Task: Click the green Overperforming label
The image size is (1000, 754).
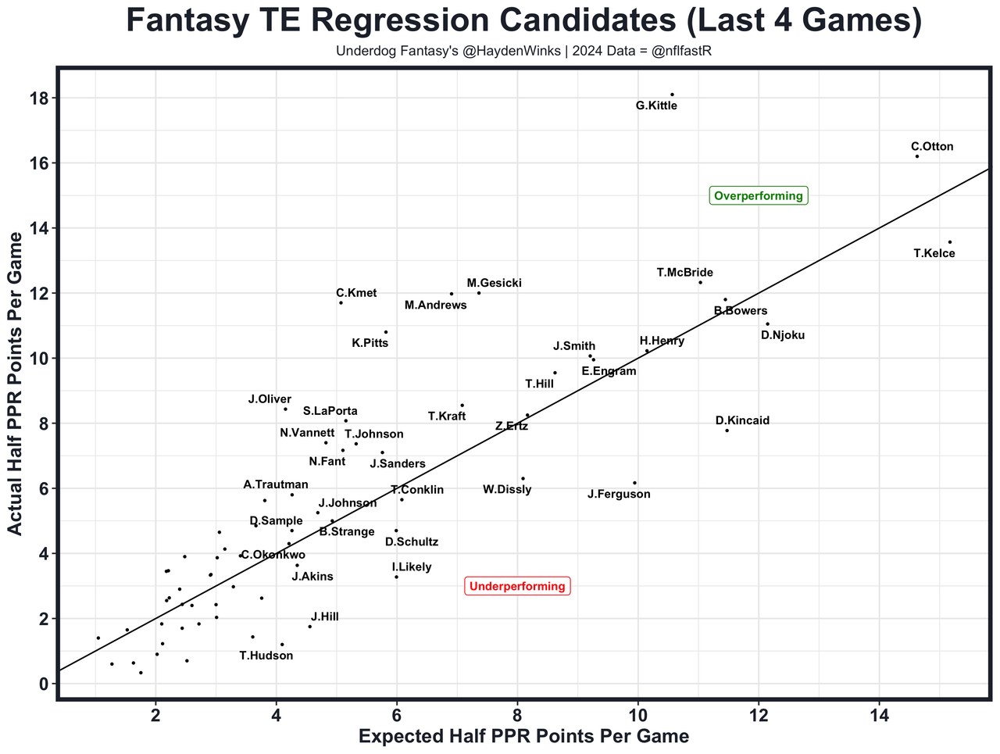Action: pos(758,196)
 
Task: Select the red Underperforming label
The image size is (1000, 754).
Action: pos(517,587)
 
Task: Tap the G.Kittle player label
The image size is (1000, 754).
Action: pos(656,106)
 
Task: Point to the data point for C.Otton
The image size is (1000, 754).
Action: pos(917,156)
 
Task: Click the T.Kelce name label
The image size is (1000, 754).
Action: pos(934,254)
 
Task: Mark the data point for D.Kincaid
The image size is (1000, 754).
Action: pos(727,431)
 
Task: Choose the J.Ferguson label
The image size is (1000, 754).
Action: pos(619,495)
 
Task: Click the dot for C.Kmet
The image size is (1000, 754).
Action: pos(341,302)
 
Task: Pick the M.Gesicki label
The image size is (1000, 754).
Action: pos(494,284)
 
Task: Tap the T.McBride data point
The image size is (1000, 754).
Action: pos(700,282)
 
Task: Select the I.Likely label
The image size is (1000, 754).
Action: pos(412,567)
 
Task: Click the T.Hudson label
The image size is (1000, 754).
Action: pos(266,656)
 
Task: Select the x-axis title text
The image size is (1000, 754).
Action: pos(523,737)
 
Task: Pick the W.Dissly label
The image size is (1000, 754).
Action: pos(507,490)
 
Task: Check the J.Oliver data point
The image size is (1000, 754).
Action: pos(285,409)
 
